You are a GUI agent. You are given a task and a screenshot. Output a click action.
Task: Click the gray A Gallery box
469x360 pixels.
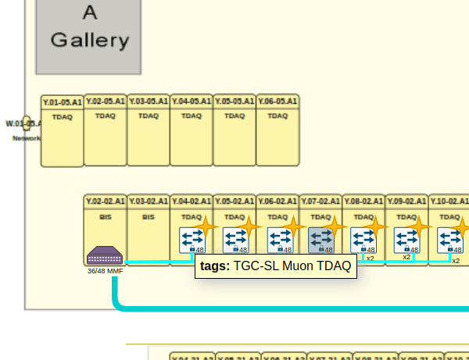[x=89, y=36]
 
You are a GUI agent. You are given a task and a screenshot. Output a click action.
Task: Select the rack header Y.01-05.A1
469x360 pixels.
[x=63, y=102]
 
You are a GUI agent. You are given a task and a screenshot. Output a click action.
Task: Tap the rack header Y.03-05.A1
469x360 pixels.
[x=149, y=102]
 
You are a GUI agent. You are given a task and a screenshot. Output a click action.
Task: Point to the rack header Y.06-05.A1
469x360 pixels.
[x=277, y=102]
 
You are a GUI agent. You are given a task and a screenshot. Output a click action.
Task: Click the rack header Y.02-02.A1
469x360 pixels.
[x=106, y=201]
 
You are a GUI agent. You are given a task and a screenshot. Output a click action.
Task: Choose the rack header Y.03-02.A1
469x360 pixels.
[x=149, y=201]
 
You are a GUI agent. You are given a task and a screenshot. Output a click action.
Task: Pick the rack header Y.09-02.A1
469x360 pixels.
[x=406, y=201]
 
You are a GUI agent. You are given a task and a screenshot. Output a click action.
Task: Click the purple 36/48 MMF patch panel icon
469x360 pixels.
[x=105, y=256]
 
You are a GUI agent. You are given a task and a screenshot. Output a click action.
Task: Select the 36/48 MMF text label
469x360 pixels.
[x=105, y=271]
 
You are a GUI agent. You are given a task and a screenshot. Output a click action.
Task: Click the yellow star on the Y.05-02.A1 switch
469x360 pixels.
[x=249, y=227]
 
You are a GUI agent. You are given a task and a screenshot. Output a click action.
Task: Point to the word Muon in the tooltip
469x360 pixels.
[x=296, y=266]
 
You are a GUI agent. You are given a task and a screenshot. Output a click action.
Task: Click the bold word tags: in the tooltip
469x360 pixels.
[x=215, y=266]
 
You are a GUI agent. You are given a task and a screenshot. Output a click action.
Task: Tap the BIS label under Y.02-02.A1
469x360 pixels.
[x=106, y=216]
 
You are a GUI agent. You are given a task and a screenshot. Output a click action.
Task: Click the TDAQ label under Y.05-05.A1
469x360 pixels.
[x=234, y=116]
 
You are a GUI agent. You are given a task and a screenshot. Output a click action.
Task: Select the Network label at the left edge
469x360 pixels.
[x=27, y=138]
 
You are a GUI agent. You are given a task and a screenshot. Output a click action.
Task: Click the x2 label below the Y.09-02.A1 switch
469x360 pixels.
[x=406, y=257]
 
